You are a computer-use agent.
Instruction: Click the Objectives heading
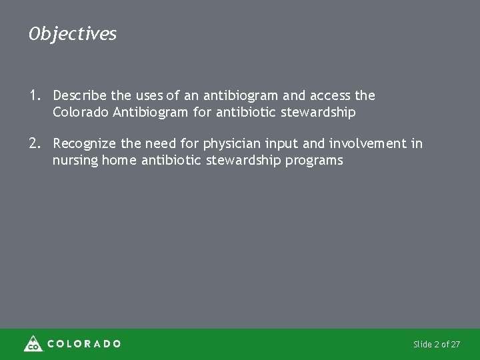73,33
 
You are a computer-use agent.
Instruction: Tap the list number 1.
35,96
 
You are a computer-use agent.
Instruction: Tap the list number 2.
35,143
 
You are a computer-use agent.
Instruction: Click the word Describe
79,96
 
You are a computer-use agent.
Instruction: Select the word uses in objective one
147,96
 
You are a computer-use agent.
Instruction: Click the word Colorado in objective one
81,112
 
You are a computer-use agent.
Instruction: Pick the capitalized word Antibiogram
151,112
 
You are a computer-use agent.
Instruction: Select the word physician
229,143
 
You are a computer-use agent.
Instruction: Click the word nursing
75,160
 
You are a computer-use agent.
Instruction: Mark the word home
119,160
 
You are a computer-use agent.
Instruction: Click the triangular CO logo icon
33,343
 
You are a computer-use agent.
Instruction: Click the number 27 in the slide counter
455,345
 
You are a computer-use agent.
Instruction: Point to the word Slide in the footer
422,345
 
